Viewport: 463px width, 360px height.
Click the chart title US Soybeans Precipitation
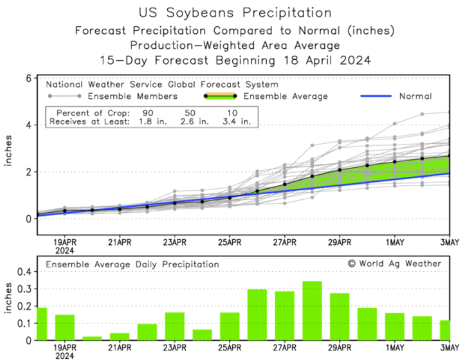tap(234, 12)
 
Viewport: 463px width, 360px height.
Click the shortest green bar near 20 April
tap(92, 338)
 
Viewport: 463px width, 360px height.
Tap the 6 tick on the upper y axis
tap(27, 78)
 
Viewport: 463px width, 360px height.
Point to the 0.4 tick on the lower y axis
tap(22, 272)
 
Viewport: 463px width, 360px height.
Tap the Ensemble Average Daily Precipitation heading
tap(132, 264)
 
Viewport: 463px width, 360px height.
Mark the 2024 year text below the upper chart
tap(65, 250)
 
